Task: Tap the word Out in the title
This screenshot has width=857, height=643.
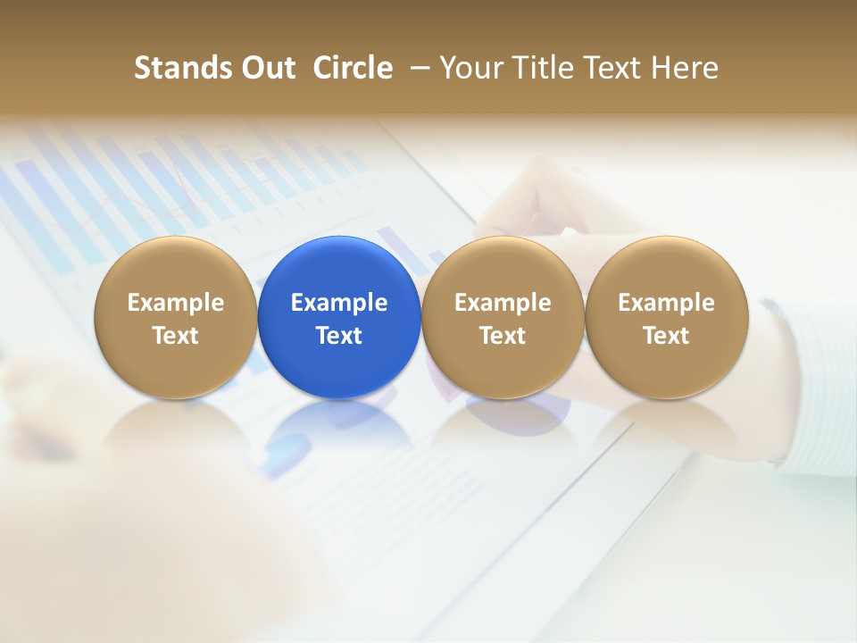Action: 267,68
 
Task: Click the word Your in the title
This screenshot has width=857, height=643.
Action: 470,68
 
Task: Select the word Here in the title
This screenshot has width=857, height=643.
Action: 685,68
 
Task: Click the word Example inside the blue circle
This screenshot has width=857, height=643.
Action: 339,303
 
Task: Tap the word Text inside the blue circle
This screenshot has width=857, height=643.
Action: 339,336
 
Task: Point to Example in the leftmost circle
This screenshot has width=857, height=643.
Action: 175,303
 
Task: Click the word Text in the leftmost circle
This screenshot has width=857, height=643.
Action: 175,336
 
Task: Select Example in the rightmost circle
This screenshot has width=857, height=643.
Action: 666,303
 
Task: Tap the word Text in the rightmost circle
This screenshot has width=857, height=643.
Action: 666,336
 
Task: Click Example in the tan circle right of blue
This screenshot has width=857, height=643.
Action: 503,303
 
